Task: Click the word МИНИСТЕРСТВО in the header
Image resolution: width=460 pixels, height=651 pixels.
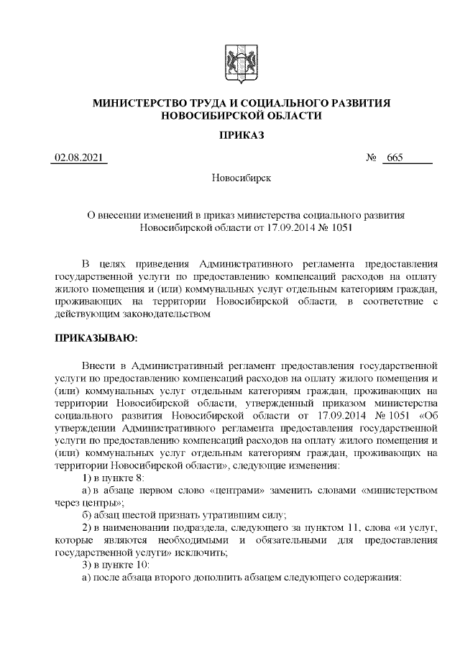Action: (x=141, y=104)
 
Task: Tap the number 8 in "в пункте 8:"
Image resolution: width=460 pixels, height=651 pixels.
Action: (x=141, y=478)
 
